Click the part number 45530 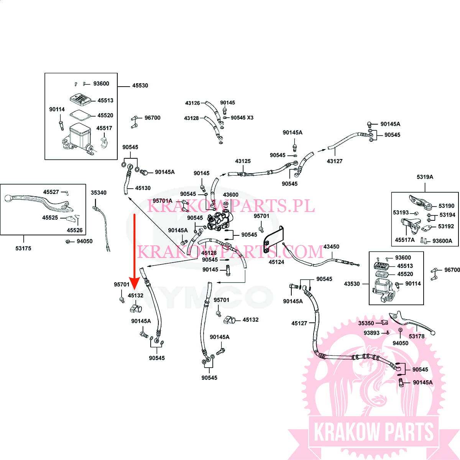pyautogui.click(x=140, y=85)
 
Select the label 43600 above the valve pyautogui.click(x=231, y=195)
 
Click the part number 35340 pyautogui.click(x=99, y=193)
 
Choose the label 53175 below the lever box pyautogui.click(x=23, y=248)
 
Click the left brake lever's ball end pyautogui.click(x=8, y=198)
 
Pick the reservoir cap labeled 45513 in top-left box pyautogui.click(x=80, y=99)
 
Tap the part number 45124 pyautogui.click(x=276, y=262)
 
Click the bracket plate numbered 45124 pyautogui.click(x=273, y=240)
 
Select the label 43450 pyautogui.click(x=331, y=246)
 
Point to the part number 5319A pyautogui.click(x=425, y=177)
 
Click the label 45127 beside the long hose pyautogui.click(x=299, y=323)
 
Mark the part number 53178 pyautogui.click(x=417, y=336)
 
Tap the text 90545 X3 pyautogui.click(x=242, y=118)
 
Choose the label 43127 pyautogui.click(x=335, y=161)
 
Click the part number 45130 pyautogui.click(x=143, y=188)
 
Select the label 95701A pyautogui.click(x=163, y=201)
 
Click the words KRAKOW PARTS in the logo pyautogui.click(x=374, y=432)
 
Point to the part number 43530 pyautogui.click(x=352, y=284)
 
